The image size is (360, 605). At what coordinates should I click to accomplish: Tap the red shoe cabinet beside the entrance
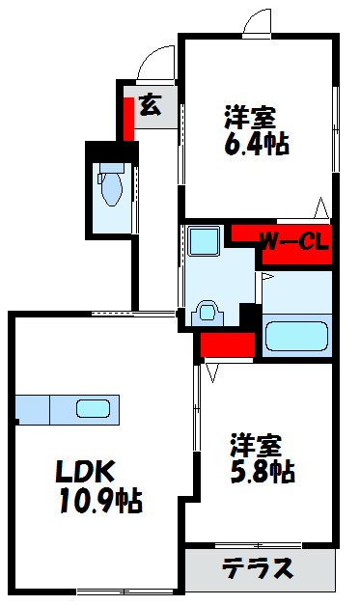click(127, 113)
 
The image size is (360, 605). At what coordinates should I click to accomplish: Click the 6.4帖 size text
click(256, 145)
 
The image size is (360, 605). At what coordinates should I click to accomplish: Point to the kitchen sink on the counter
click(94, 409)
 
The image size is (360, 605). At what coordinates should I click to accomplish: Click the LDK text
click(85, 472)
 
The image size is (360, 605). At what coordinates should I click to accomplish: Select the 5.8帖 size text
click(262, 472)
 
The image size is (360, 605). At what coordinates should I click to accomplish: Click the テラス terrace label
click(258, 568)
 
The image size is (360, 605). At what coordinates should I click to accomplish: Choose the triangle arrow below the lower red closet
click(210, 370)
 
